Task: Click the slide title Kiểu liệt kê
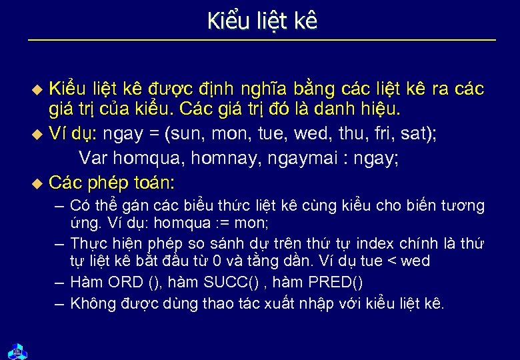click(261, 21)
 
